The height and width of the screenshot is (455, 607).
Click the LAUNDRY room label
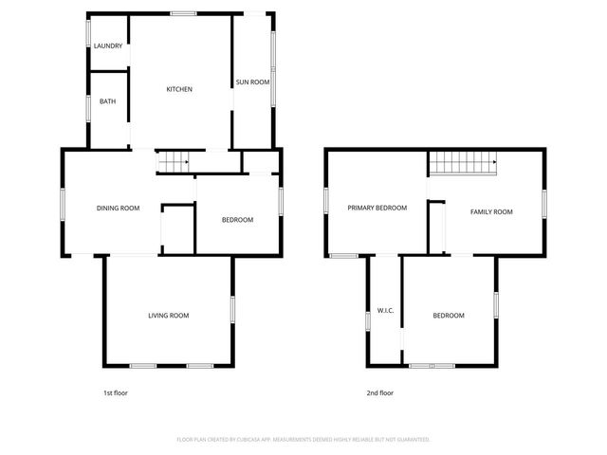click(x=107, y=45)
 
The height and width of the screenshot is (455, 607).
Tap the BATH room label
click(x=107, y=101)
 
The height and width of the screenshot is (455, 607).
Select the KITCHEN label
click(x=179, y=89)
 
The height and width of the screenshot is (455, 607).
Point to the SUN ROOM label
click(x=253, y=82)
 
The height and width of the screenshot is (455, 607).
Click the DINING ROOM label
click(x=119, y=208)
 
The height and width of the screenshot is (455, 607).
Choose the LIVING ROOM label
click(x=168, y=315)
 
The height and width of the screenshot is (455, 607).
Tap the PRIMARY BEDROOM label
click(x=377, y=208)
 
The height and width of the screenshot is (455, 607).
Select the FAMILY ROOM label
click(x=491, y=211)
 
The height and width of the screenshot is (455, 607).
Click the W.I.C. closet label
click(x=385, y=310)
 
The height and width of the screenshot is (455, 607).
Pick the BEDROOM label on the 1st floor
click(x=237, y=220)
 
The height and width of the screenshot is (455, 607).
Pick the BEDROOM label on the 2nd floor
click(x=449, y=315)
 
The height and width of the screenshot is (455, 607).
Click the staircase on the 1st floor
click(x=174, y=163)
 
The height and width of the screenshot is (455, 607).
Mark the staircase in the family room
click(x=463, y=165)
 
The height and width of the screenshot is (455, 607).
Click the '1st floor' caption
click(x=115, y=392)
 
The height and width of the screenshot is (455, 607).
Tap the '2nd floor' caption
click(x=379, y=392)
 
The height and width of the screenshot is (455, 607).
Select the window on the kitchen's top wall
click(x=183, y=13)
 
